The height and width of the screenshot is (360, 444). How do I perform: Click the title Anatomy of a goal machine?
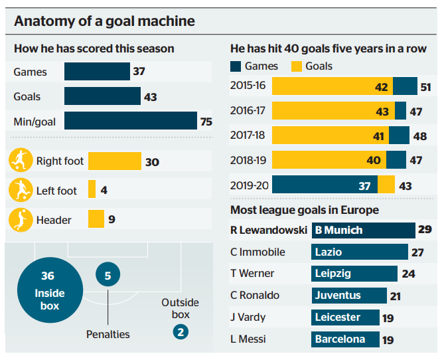[105, 21]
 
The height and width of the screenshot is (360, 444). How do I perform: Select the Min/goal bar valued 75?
[131, 121]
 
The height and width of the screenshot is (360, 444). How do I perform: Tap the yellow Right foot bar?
[114, 161]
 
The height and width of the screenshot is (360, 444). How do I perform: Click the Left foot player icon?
[19, 190]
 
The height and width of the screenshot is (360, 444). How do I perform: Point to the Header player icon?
[19, 219]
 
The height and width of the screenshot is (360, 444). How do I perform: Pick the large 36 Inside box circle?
[50, 290]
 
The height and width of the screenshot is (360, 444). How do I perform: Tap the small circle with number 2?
[180, 330]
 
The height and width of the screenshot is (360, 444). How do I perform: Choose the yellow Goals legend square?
[296, 66]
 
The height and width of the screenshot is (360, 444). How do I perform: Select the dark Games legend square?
[236, 66]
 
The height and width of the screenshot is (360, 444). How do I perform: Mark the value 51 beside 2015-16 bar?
[426, 87]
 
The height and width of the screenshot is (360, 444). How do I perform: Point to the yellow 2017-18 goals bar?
[330, 135]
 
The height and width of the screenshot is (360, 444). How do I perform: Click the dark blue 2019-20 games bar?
[325, 185]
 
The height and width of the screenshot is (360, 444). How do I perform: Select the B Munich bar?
[363, 230]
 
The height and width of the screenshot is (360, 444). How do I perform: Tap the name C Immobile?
[257, 252]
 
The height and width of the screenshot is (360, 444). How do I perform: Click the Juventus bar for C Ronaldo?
[348, 295]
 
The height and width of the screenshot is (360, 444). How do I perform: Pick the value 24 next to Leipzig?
[408, 274]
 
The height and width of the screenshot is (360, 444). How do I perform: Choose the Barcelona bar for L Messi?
[344, 339]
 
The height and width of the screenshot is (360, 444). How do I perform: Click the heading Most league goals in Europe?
[305, 210]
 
